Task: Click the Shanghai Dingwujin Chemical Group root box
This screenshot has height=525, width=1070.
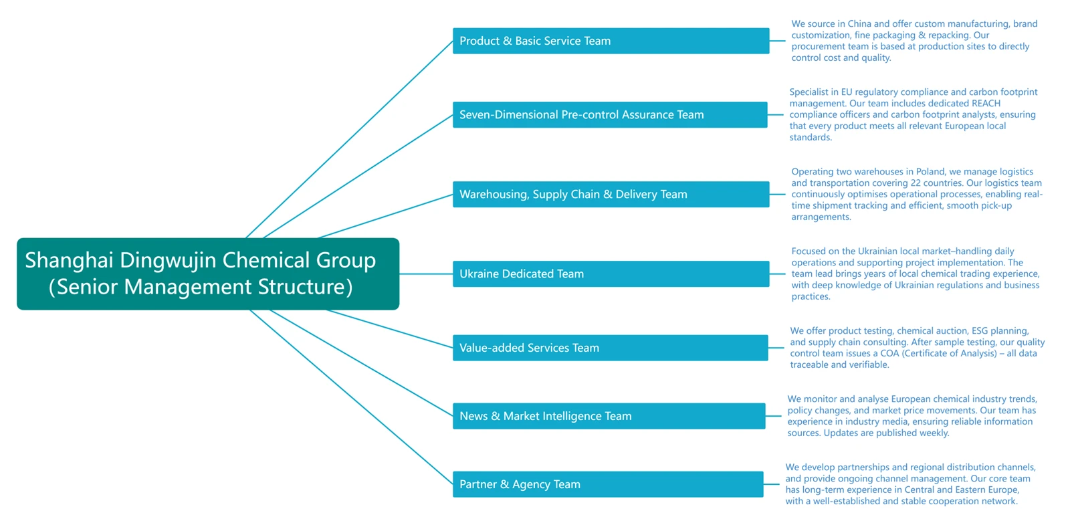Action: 208,274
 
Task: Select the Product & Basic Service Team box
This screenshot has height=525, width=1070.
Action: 611,41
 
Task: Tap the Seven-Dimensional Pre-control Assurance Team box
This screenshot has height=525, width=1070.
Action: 610,114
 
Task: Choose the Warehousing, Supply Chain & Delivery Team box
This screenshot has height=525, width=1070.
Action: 611,194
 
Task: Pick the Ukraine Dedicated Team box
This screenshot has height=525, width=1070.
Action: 611,274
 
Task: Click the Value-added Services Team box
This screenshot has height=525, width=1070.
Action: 611,348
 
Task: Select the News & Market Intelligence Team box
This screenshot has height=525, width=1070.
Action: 609,416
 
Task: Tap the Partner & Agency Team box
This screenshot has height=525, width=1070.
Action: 608,484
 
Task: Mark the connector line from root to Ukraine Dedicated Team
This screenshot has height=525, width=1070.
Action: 426,274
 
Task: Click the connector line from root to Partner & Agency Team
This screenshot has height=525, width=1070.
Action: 350,397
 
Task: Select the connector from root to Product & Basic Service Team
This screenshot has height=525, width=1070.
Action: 349,140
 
